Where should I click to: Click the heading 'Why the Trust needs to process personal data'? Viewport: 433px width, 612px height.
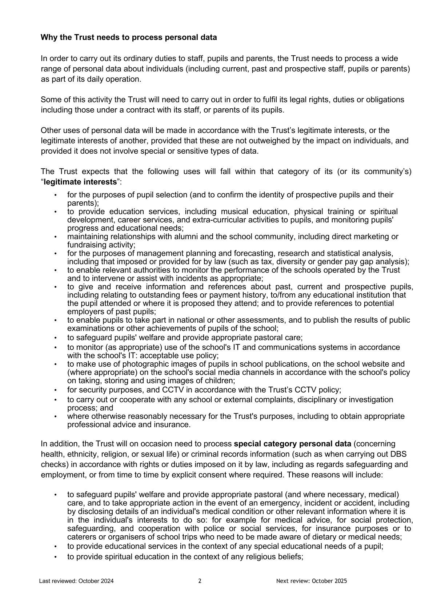pyautogui.click(x=129, y=37)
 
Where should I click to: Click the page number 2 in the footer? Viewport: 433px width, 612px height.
pyautogui.click(x=200, y=581)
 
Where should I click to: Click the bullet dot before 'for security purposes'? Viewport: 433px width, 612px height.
pyautogui.click(x=56, y=390)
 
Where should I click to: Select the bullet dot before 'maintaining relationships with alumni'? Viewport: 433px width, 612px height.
pyautogui.click(x=56, y=237)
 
